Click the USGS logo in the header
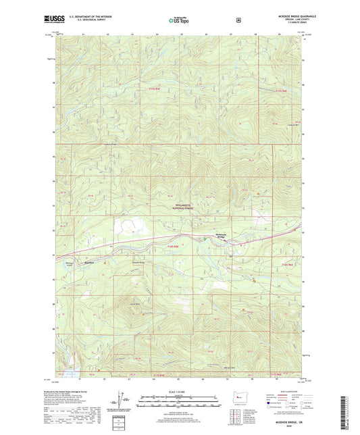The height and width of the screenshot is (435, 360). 66,20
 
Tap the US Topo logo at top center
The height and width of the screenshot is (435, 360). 178,20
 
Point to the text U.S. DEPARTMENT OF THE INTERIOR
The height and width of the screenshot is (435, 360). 99,18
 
